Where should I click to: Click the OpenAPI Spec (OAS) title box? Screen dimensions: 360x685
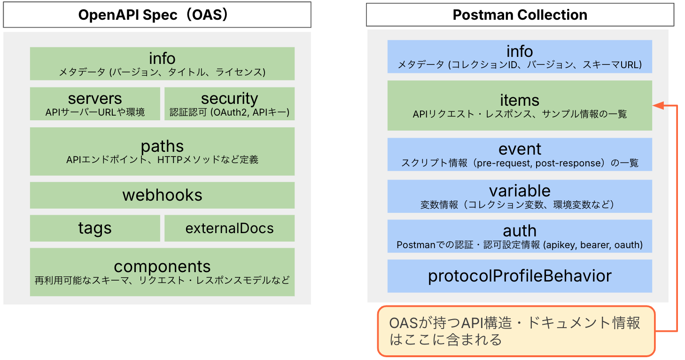(157, 15)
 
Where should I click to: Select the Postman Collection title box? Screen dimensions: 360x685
(520, 15)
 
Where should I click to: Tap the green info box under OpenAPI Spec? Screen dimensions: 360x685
(162, 63)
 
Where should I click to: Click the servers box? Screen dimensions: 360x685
(95, 104)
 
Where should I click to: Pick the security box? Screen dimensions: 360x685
(229, 104)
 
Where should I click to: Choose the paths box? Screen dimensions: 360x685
(162, 151)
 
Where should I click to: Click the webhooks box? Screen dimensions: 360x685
(162, 195)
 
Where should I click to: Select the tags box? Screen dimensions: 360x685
(95, 228)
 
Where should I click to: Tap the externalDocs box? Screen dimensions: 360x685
(229, 228)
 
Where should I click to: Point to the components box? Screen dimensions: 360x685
(162, 272)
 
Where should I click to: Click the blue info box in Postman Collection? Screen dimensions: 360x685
(520, 57)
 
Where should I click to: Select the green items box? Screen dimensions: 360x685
(520, 106)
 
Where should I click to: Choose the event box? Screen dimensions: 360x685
(520, 155)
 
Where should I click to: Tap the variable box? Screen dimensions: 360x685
(520, 196)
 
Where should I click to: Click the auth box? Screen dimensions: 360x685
(520, 236)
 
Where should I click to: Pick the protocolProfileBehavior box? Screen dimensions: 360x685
(520, 276)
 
